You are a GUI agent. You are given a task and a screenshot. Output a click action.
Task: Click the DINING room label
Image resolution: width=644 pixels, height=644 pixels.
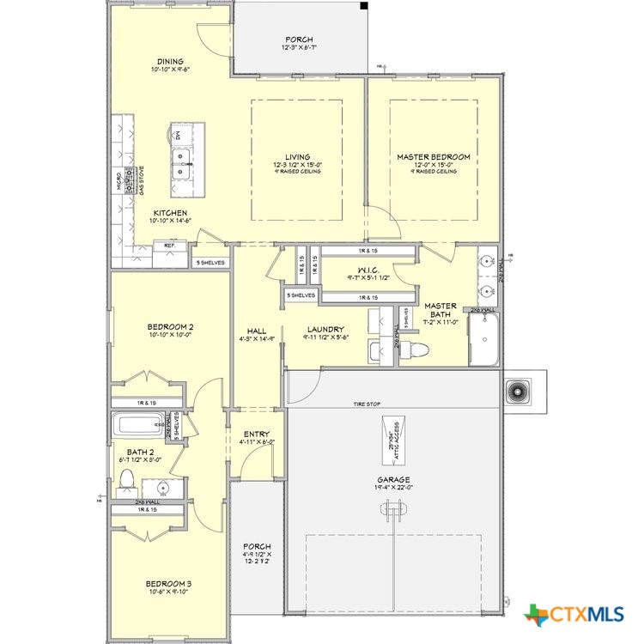[169, 61]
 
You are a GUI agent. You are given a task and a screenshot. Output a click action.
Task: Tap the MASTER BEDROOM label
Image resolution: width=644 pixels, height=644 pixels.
[433, 157]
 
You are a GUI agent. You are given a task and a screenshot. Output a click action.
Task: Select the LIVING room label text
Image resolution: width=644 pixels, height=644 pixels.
[297, 157]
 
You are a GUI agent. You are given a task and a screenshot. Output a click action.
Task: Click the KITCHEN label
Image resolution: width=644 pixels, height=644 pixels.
[170, 213]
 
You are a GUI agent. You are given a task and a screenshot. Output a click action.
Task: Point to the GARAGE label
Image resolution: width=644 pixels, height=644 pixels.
[393, 480]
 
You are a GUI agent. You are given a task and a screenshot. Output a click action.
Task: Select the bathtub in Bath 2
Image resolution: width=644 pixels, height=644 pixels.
[138, 425]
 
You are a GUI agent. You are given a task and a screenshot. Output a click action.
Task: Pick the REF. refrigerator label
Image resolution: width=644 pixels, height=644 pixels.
[170, 246]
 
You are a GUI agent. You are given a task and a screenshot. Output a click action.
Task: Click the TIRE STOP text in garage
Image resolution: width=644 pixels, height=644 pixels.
[367, 404]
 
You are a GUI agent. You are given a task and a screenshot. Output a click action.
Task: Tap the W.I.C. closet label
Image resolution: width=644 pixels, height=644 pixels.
[357, 270]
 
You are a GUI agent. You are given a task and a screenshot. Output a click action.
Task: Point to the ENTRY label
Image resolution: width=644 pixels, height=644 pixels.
[256, 434]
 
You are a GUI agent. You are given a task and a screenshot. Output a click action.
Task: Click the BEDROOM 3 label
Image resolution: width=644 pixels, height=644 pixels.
[169, 584]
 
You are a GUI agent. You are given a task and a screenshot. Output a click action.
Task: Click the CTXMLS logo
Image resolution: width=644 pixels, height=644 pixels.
[575, 614]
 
